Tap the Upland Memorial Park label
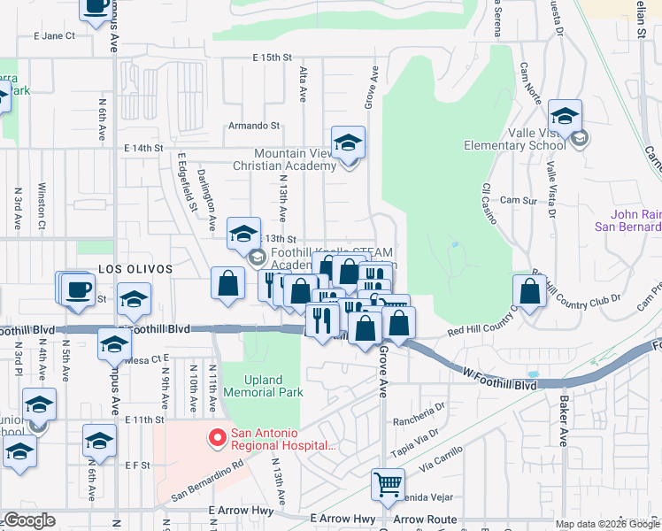coord(263,386)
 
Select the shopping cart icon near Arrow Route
coord(387,484)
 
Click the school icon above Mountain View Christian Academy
coord(348,142)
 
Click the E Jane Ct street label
coord(54,36)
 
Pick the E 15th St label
coord(272,58)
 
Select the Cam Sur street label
coord(518,201)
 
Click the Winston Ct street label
coord(42,204)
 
